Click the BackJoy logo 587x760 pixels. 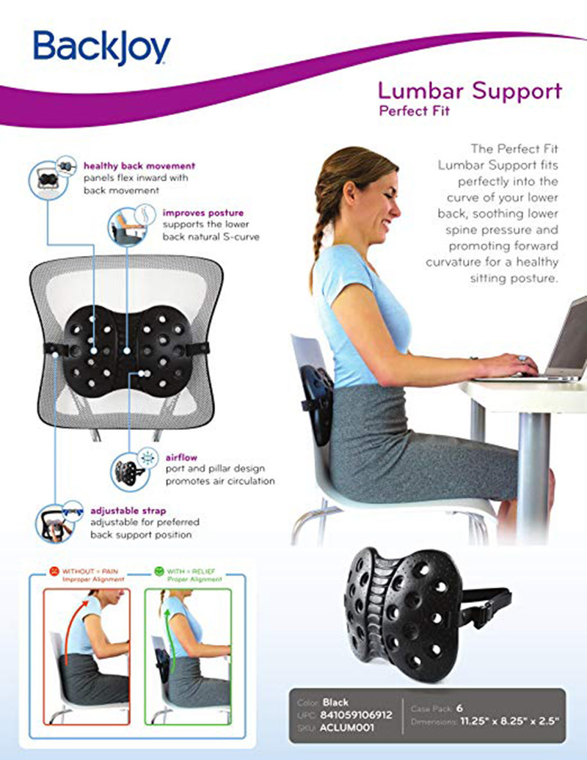(102, 48)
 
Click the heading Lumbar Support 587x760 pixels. (470, 91)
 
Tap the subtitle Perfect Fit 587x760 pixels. (415, 111)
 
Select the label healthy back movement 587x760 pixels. (139, 166)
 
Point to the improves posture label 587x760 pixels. (203, 213)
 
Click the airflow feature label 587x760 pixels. (181, 458)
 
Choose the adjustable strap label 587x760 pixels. (128, 511)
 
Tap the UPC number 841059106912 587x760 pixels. (357, 715)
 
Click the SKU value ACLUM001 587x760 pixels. (347, 727)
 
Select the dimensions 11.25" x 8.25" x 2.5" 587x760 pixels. (509, 720)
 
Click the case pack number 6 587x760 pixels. (459, 708)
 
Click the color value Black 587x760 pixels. (335, 702)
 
